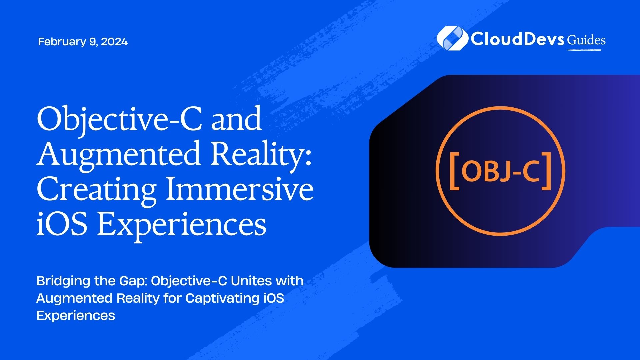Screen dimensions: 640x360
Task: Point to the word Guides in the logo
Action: pyautogui.click(x=586, y=40)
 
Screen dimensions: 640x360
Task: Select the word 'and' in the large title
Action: pyautogui.click(x=237, y=119)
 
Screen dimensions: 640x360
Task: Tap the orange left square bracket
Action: pyautogui.click(x=455, y=171)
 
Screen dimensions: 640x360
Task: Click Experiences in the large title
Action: pyautogui.click(x=181, y=225)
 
